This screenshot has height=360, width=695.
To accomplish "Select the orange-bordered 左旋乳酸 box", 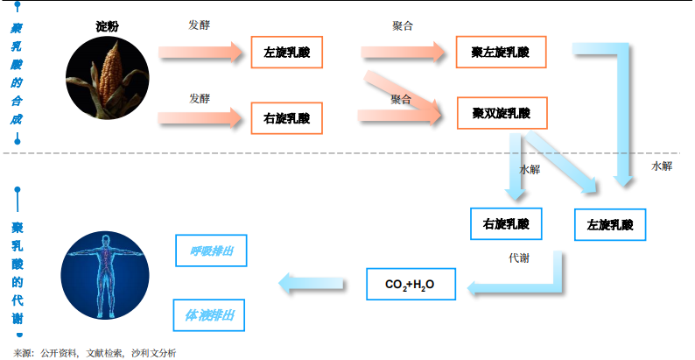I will (x=286, y=53).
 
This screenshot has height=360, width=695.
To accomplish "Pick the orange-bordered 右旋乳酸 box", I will (x=286, y=116).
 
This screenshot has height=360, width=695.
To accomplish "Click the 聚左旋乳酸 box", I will (x=501, y=53).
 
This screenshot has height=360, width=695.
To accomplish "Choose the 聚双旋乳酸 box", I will (x=501, y=113).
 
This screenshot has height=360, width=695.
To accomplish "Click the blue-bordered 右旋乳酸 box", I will (x=506, y=224).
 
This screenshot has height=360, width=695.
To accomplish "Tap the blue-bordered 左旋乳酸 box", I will (x=609, y=226).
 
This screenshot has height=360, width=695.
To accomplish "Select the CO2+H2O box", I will (x=410, y=285).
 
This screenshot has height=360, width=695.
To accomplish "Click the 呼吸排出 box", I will (x=210, y=251).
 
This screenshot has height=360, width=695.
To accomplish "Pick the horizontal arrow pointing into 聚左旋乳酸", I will (x=405, y=53).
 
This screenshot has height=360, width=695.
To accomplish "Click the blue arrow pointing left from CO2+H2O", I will (x=311, y=283).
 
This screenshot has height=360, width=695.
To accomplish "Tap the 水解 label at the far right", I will (x=662, y=166).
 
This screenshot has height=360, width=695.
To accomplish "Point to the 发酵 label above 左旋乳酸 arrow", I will (x=200, y=25).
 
